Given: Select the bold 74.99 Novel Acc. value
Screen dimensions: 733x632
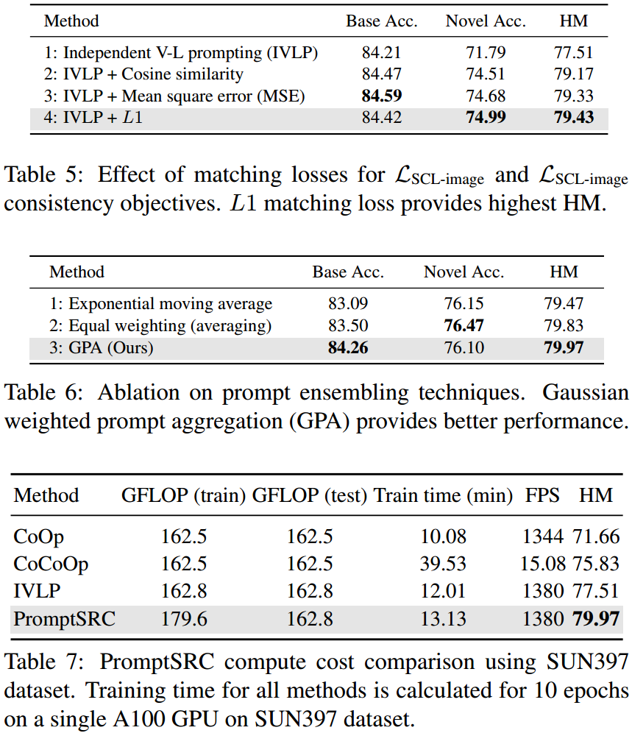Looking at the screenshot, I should [x=485, y=118].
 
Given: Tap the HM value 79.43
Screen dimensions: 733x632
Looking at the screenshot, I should [x=572, y=118].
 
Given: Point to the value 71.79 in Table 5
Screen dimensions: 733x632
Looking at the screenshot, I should [x=485, y=53].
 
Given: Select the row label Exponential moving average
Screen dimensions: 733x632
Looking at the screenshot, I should [x=161, y=304].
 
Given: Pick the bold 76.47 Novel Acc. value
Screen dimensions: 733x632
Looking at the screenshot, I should [x=464, y=325].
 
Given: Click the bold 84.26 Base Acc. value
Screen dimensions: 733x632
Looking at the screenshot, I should [x=347, y=347].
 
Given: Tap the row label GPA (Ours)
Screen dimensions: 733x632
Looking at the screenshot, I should [x=102, y=347].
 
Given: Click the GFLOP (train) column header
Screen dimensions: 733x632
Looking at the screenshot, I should [x=183, y=495].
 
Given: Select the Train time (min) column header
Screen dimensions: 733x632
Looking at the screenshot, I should [x=443, y=495].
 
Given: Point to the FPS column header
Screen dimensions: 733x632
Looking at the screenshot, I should [x=542, y=495].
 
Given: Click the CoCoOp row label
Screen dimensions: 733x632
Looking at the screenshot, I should [x=51, y=564].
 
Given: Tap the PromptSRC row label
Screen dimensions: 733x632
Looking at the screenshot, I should [x=65, y=618].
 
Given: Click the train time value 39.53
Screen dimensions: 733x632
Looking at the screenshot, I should [x=443, y=564].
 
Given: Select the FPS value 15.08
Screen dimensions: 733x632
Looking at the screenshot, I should [x=543, y=564].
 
